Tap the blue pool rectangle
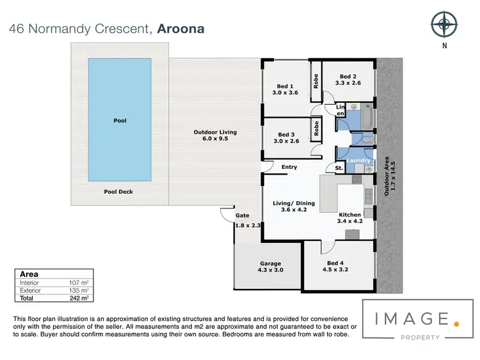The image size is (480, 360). [x=120, y=120]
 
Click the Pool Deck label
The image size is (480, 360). [x=118, y=191]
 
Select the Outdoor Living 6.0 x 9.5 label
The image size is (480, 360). [x=215, y=136]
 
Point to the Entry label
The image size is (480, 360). [x=289, y=168]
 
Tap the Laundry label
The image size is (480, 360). [x=359, y=161]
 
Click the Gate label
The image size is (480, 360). [x=242, y=215]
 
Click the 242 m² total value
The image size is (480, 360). [x=78, y=298]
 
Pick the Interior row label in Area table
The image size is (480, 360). [x=29, y=282]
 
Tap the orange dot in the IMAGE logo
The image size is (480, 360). [x=455, y=324]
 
